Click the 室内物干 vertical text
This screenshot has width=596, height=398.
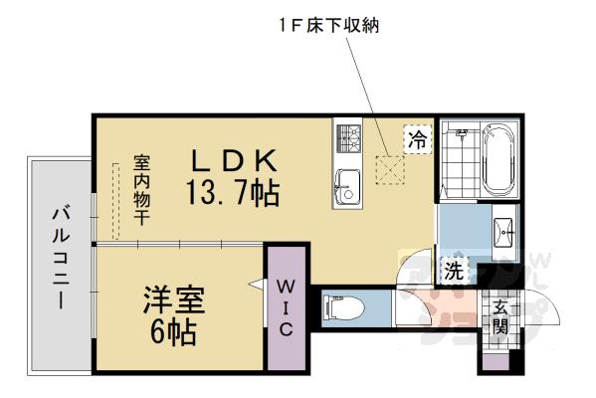click(141, 188)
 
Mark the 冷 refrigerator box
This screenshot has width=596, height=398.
click(417, 140)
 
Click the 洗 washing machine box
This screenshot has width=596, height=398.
click(454, 269)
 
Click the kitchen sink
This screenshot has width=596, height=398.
click(348, 185)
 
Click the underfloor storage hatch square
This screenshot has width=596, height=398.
click(389, 170)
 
